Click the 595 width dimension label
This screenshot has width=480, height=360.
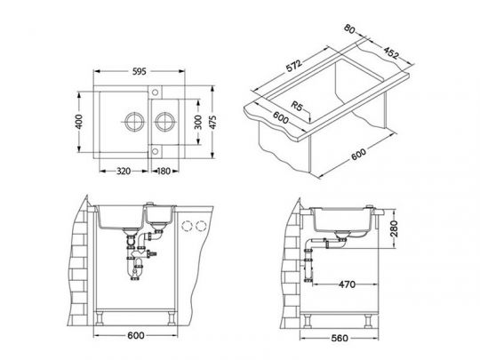(140, 72)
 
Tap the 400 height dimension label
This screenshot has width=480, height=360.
(79, 122)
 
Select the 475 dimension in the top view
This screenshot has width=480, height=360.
(212, 122)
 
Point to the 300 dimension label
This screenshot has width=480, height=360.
(198, 122)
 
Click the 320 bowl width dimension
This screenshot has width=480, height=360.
(124, 172)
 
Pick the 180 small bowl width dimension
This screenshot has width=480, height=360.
(164, 172)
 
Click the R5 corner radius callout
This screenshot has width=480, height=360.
(296, 106)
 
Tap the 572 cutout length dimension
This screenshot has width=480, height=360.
(293, 66)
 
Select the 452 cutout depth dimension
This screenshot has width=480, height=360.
(391, 52)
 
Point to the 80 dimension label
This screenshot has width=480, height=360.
(349, 28)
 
